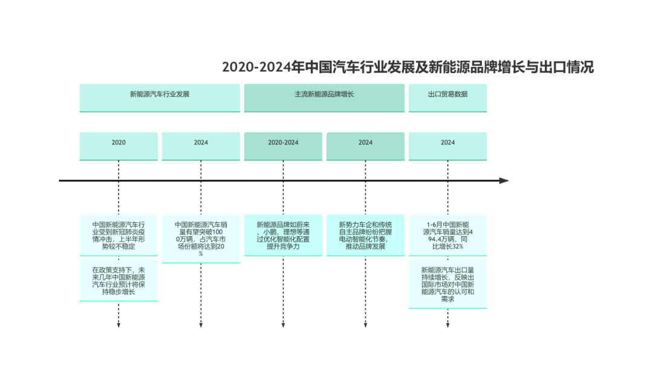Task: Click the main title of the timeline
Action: click(x=408, y=67)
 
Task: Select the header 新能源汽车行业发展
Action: click(x=160, y=98)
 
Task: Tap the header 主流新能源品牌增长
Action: click(x=324, y=98)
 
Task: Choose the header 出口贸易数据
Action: click(x=447, y=98)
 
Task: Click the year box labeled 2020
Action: click(x=119, y=146)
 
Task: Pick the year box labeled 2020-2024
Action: click(x=283, y=146)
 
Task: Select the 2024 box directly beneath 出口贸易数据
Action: click(x=447, y=146)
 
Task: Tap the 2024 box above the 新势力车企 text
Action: click(x=365, y=146)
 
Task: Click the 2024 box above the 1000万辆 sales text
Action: click(x=201, y=146)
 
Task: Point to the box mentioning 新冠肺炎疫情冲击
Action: click(x=119, y=235)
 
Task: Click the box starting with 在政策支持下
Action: click(x=119, y=281)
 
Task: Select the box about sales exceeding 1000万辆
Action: click(x=201, y=239)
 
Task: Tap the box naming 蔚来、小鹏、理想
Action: click(x=283, y=235)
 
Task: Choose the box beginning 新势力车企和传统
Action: click(x=365, y=235)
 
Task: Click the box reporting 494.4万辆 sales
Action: click(x=447, y=235)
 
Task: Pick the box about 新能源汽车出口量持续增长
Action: click(x=447, y=285)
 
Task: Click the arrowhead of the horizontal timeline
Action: click(x=504, y=181)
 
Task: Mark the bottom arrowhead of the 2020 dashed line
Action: click(x=119, y=325)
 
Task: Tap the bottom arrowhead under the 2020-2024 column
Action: click(x=283, y=325)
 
